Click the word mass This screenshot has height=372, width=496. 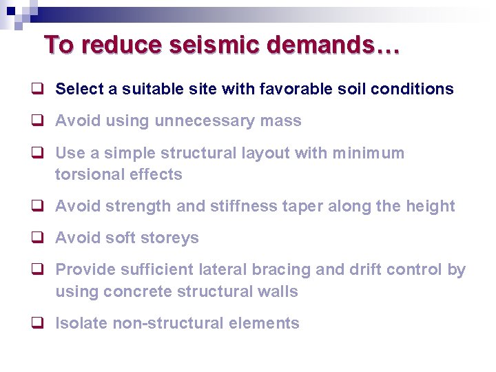(281, 121)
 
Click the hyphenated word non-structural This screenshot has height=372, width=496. (162, 324)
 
